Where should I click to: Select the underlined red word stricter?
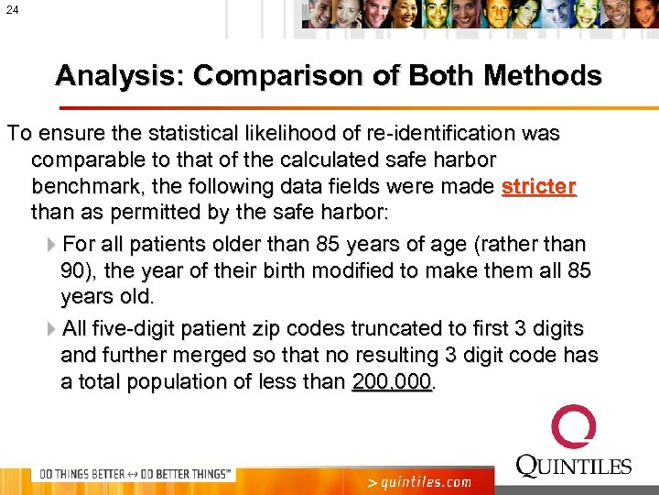539,187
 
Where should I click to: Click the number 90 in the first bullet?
73,272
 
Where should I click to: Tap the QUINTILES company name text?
574,466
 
